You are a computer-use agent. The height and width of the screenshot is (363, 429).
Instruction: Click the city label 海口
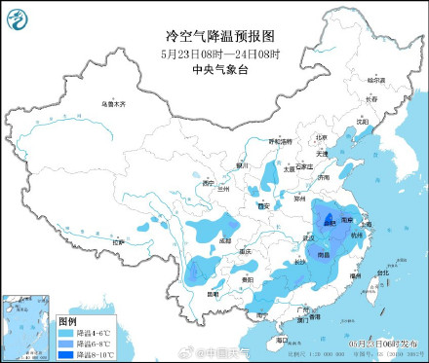point(282,340)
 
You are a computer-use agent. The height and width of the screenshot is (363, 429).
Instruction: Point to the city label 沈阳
point(363,123)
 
